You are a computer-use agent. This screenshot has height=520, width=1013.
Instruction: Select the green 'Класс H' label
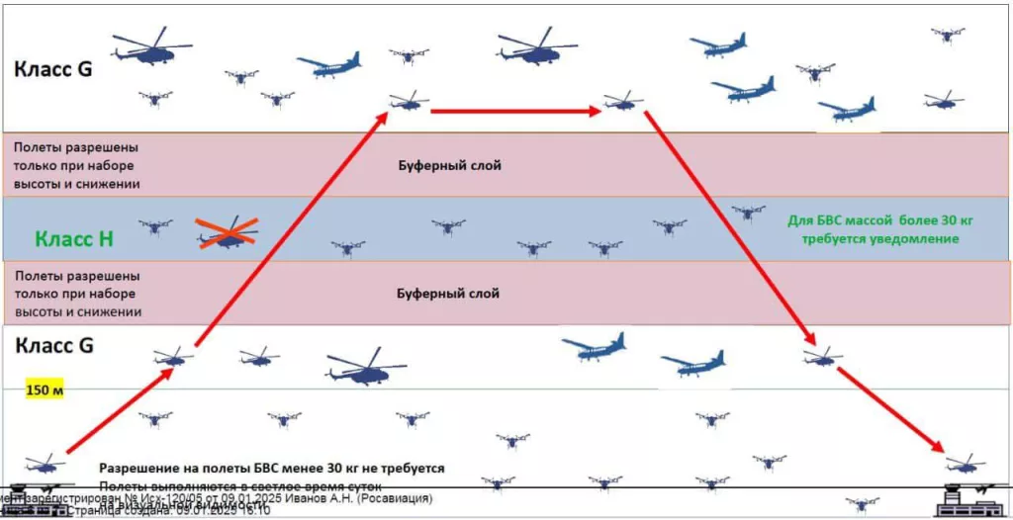tap(73, 238)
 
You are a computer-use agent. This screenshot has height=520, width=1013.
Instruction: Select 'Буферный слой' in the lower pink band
tap(448, 294)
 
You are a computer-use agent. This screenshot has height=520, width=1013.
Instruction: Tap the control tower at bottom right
tap(965, 497)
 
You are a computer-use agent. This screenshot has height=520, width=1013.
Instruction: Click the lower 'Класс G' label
tap(52, 346)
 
